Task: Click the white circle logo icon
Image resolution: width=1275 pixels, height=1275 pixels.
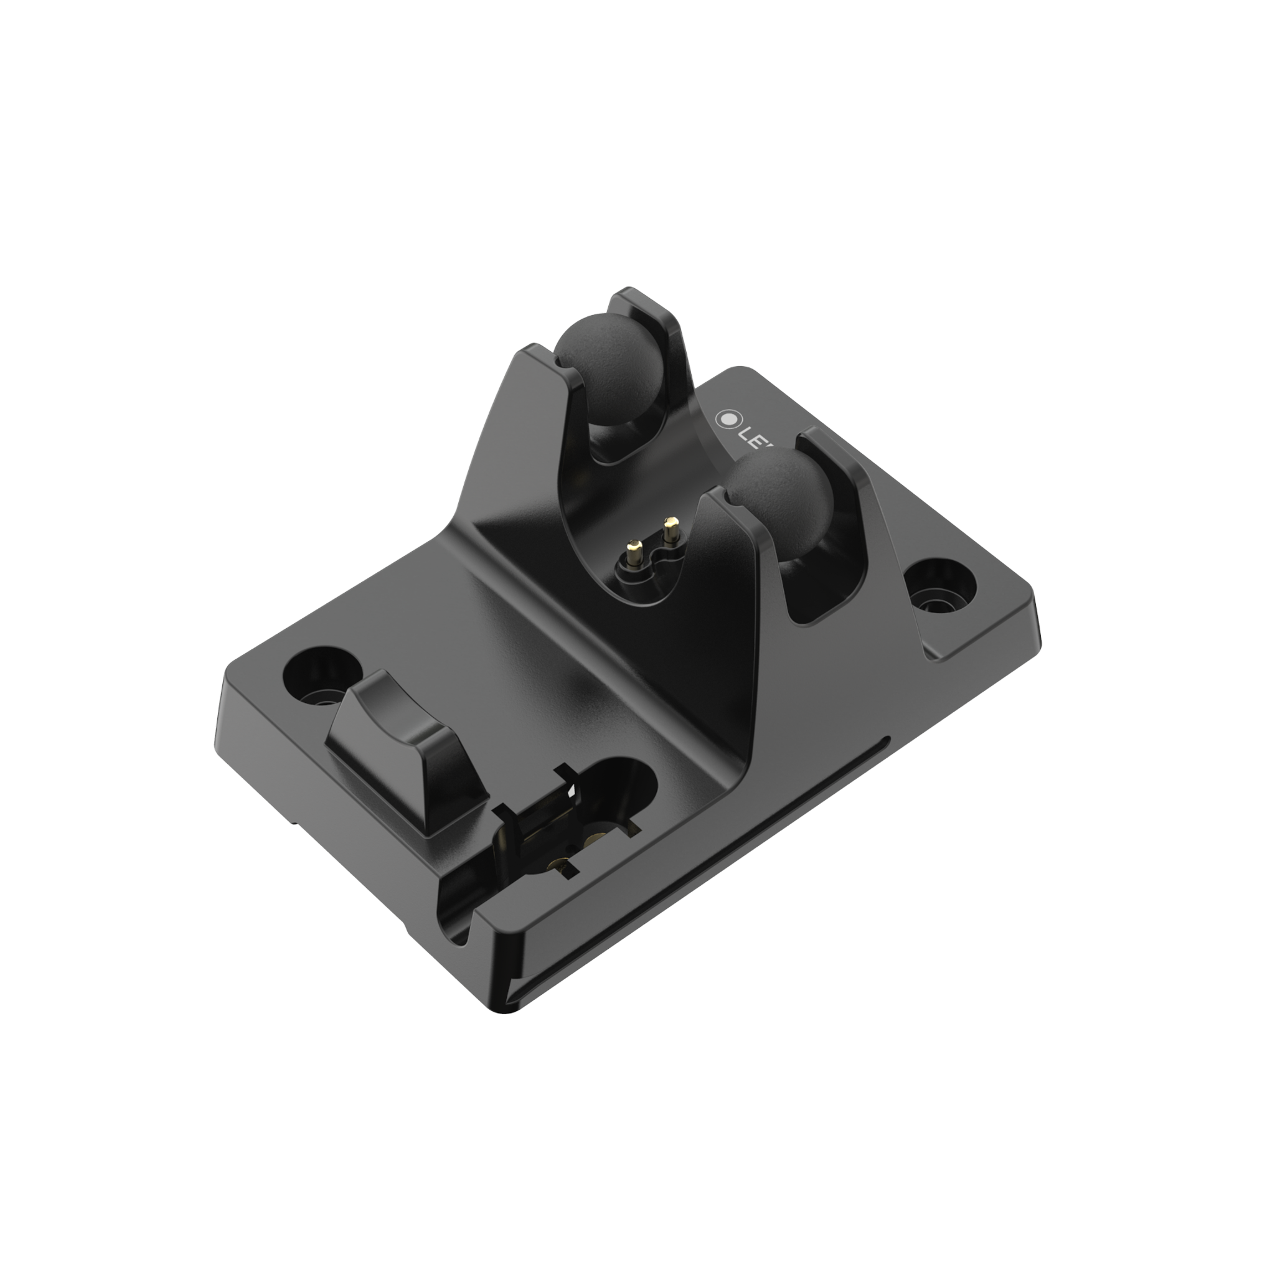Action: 727,418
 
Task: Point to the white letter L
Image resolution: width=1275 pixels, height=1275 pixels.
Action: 750,430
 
